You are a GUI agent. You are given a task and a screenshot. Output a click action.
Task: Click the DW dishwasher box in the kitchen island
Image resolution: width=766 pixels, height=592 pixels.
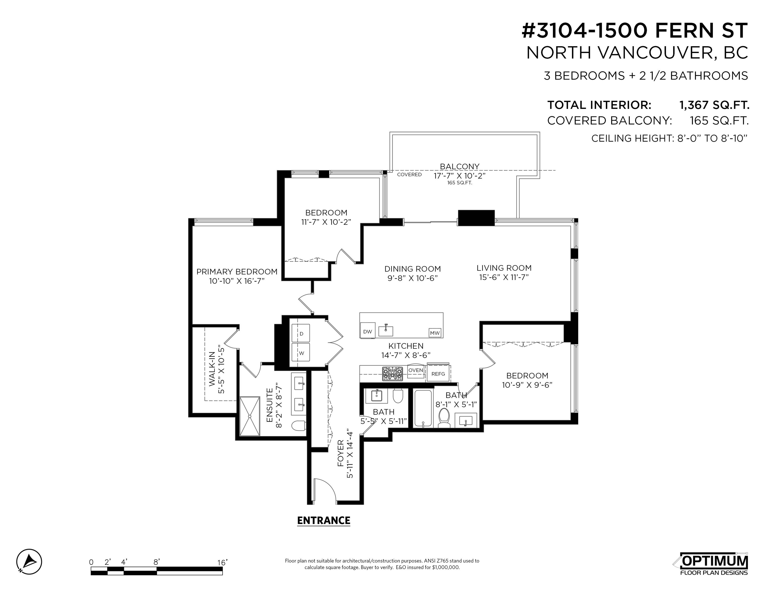(367, 330)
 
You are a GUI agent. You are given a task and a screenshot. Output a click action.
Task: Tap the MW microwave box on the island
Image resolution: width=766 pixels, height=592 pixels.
(435, 332)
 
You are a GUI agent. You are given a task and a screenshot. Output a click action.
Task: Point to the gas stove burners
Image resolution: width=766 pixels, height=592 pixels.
(392, 374)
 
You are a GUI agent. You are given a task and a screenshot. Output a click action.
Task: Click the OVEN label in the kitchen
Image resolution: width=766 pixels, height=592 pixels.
(416, 370)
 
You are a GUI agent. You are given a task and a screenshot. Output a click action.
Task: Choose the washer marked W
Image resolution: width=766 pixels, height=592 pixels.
(301, 352)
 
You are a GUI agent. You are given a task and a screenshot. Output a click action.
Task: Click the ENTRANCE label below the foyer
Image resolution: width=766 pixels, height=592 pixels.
(324, 521)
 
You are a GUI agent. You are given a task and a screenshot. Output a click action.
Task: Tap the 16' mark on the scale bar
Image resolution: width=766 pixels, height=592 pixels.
(222, 562)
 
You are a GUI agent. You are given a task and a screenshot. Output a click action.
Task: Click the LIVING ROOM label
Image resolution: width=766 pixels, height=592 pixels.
(504, 268)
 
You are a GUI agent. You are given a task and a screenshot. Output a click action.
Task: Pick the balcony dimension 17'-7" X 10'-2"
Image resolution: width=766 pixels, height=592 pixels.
(459, 176)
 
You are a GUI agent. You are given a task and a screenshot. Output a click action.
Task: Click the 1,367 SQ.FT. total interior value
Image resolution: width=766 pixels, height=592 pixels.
(714, 105)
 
